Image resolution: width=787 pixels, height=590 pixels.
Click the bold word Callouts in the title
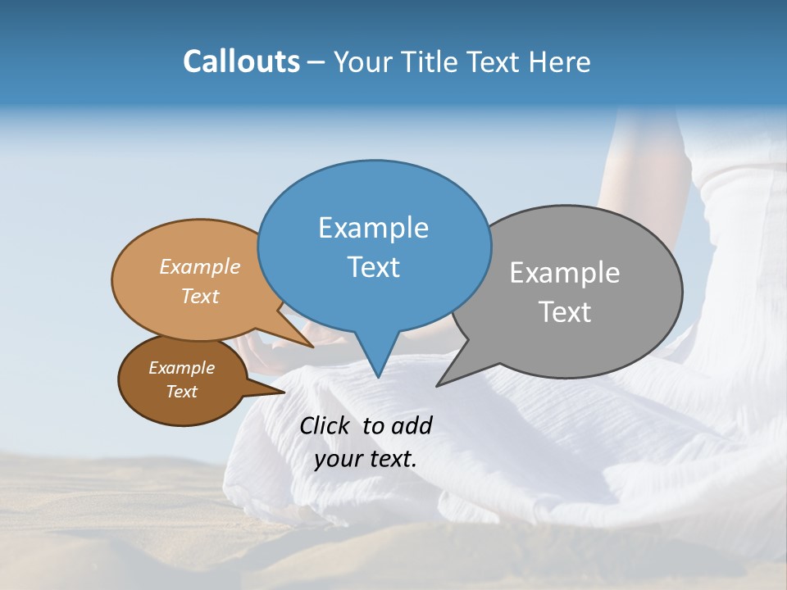coord(241,61)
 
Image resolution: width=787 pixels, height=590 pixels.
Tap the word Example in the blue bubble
coord(373,228)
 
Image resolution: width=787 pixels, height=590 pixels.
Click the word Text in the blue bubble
coord(373,267)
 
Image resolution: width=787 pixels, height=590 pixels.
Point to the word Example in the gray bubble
coord(565,273)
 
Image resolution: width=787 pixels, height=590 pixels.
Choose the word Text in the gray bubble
coord(565,312)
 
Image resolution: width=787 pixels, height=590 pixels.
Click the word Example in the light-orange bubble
coord(200,267)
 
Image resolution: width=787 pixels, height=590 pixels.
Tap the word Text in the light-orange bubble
coord(200,297)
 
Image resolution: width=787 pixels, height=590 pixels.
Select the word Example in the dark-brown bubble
coord(181,368)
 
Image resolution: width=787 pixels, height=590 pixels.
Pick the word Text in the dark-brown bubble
coord(181,392)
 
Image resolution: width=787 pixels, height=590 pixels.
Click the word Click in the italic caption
coord(325,425)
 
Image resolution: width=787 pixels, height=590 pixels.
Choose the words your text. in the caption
coord(365,459)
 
